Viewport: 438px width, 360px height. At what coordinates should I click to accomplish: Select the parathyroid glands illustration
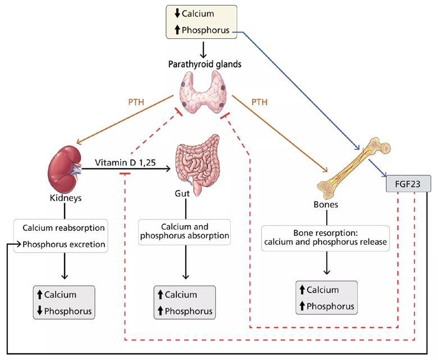click(204, 94)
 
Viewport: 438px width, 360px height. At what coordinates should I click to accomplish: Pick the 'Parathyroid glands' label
click(204, 64)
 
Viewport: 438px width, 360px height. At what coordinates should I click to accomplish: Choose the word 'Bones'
click(325, 204)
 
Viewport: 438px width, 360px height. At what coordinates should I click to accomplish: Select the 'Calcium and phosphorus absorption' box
click(184, 230)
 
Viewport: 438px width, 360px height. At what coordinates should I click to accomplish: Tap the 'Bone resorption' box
click(325, 237)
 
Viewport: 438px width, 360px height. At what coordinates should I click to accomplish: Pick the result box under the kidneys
click(63, 302)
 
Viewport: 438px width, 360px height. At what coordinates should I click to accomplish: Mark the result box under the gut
click(184, 302)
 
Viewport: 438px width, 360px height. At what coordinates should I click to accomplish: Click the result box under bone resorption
click(325, 298)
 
